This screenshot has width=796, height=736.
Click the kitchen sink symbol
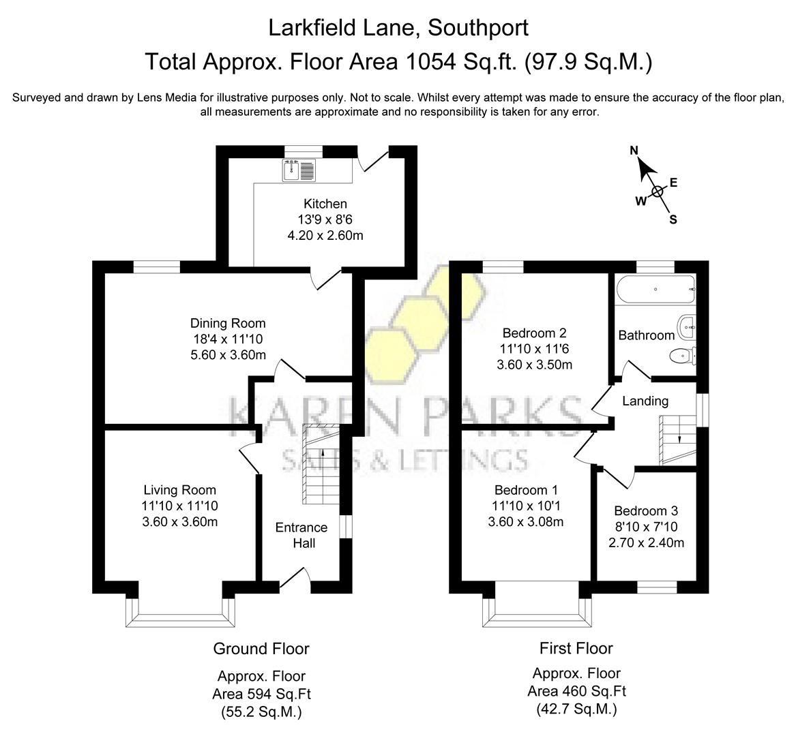coord(299,170)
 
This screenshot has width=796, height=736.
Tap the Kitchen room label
coord(325,204)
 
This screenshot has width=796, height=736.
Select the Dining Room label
coord(228,323)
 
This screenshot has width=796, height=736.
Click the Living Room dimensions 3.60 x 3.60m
coord(180,522)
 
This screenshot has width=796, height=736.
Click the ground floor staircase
coord(321,464)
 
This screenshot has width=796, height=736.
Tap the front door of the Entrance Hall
coord(295,579)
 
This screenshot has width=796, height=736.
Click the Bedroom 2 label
coord(534,333)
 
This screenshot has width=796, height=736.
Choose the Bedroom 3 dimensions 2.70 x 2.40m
coord(646,543)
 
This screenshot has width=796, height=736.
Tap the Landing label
coord(645,401)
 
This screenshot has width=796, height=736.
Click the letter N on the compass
coord(634,151)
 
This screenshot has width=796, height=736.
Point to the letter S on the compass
coord(673,219)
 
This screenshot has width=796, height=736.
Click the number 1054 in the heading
coord(430,62)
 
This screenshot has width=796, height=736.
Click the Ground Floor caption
coord(261,649)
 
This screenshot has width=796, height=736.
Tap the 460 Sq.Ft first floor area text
coord(576,691)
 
